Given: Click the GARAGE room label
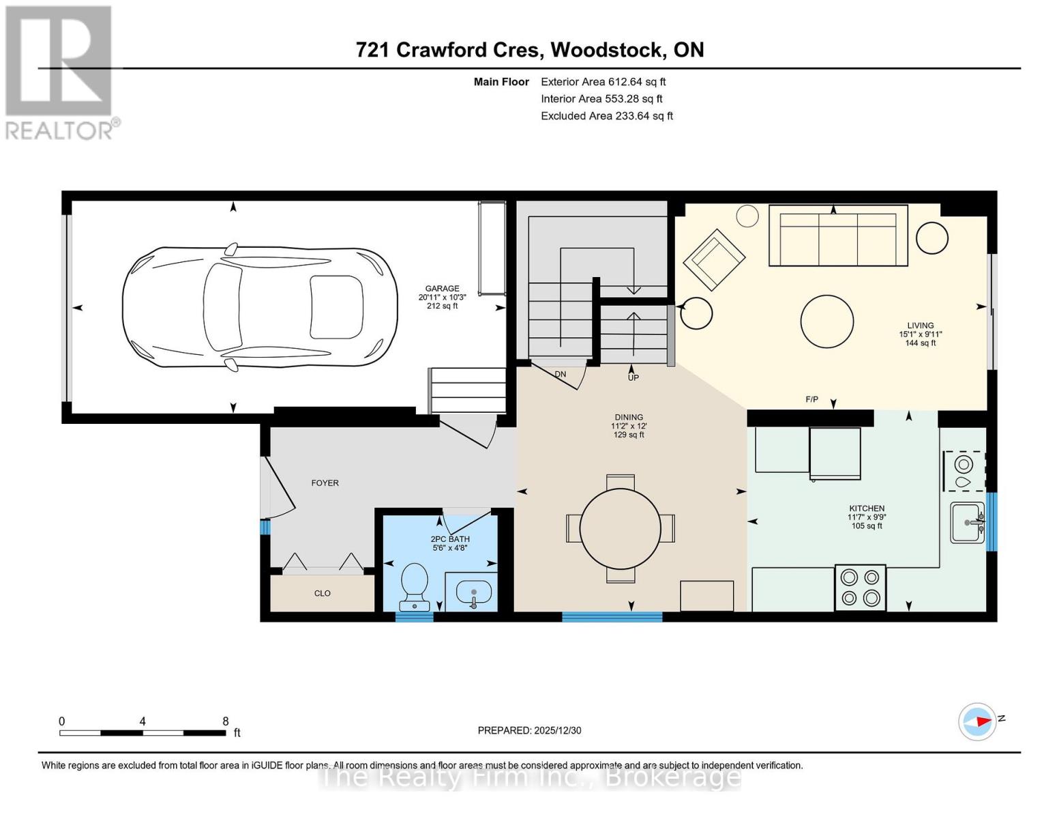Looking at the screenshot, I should pos(442,289).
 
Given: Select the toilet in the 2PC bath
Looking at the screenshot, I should pos(415,586).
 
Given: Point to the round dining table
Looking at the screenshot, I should pos(620,528).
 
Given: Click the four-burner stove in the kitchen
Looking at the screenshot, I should pos(860,588).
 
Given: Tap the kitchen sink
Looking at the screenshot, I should pos(968,523).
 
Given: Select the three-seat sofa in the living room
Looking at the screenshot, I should pos(837,235).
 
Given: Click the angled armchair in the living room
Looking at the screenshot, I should pos(714,259).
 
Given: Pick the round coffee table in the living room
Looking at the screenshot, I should pos(826,321).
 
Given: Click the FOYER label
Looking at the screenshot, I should pos(325,483).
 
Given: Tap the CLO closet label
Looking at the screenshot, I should pos(323,593).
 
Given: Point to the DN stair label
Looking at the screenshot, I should pos(560,374).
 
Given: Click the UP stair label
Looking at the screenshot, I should pos(633,377).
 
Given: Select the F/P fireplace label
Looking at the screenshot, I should pos(811,399).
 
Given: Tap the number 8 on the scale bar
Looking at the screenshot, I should pos(226,721).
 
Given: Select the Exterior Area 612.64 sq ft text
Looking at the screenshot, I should pos(603,82).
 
